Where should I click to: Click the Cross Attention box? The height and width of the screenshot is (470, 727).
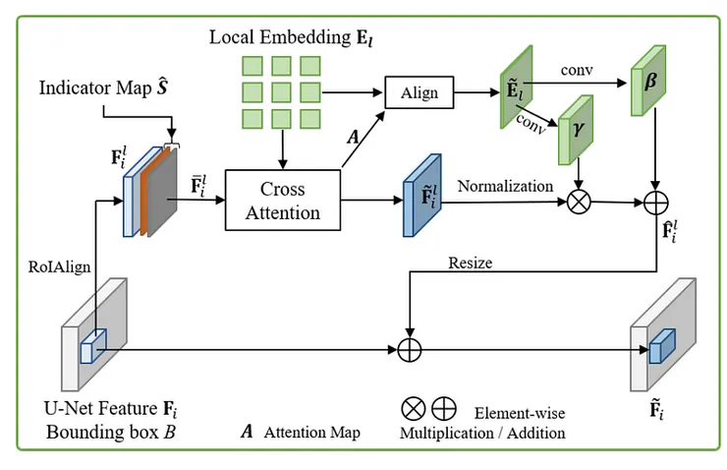click(282, 200)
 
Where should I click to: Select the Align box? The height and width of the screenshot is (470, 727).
click(419, 93)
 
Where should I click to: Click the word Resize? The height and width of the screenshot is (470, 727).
click(470, 264)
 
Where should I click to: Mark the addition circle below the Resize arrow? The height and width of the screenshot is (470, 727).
click(406, 346)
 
